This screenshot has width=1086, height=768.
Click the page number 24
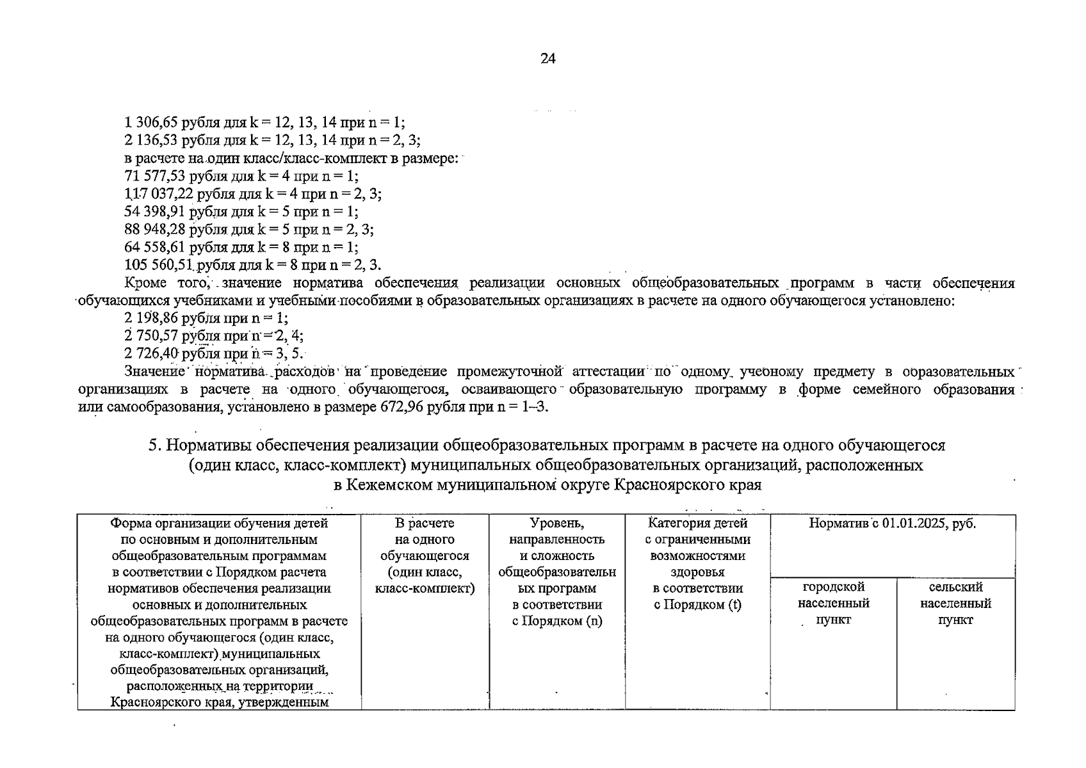click(x=547, y=59)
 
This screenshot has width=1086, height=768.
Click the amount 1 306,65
click(x=151, y=122)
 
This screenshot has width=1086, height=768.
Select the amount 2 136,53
click(x=151, y=140)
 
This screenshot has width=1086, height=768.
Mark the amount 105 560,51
click(x=158, y=266)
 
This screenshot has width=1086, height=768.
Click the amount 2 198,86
click(x=151, y=318)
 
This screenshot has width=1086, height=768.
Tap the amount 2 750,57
click(x=151, y=336)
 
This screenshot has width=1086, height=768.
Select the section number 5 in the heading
click(x=152, y=445)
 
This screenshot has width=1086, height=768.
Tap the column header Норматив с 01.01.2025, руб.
click(x=892, y=524)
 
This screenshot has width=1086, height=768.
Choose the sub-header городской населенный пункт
click(x=833, y=604)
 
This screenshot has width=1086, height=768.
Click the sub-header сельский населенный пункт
click(x=955, y=604)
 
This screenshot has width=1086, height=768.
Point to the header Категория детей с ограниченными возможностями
click(x=697, y=548)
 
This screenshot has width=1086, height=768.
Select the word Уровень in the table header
click(x=556, y=524)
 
